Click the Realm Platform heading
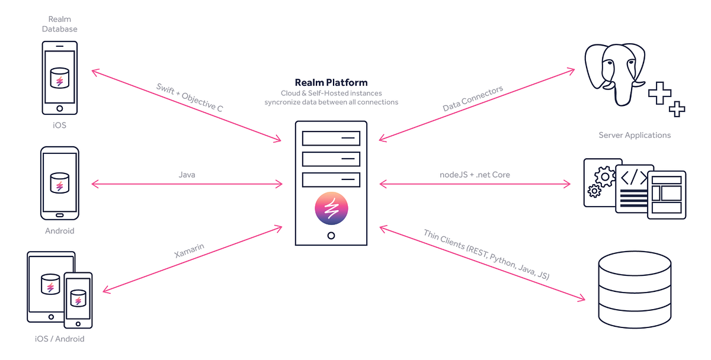[x=331, y=82]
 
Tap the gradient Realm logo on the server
[x=331, y=208]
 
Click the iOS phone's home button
[x=59, y=108]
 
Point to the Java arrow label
[x=187, y=175]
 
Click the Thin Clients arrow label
[x=486, y=255]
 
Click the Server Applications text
[x=635, y=135]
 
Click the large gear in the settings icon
[x=605, y=175]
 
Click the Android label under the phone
[x=59, y=231]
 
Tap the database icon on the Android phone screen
[x=59, y=182]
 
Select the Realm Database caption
[x=59, y=24]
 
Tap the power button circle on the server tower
[x=331, y=235]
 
